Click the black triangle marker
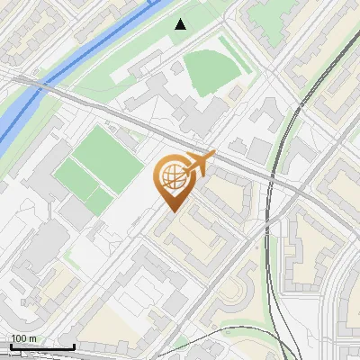tap(181, 24)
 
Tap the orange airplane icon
tap(198, 164)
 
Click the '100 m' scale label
tap(24, 338)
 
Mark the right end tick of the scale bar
tap(74, 346)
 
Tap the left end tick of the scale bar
tap(10, 346)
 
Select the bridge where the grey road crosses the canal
tap(36, 87)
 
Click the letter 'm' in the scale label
tap(31, 338)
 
